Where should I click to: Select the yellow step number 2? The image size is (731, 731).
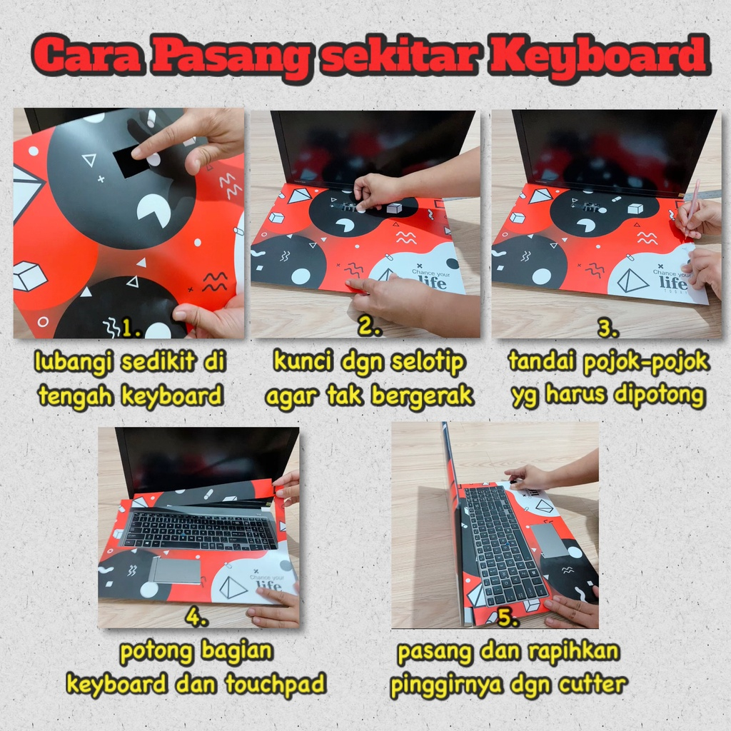(x=368, y=329)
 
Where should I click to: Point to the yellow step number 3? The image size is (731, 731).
(x=607, y=329)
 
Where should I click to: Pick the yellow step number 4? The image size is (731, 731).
(x=196, y=618)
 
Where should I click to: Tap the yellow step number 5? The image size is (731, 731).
(x=508, y=618)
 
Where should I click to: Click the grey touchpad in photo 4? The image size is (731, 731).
(x=176, y=570)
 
